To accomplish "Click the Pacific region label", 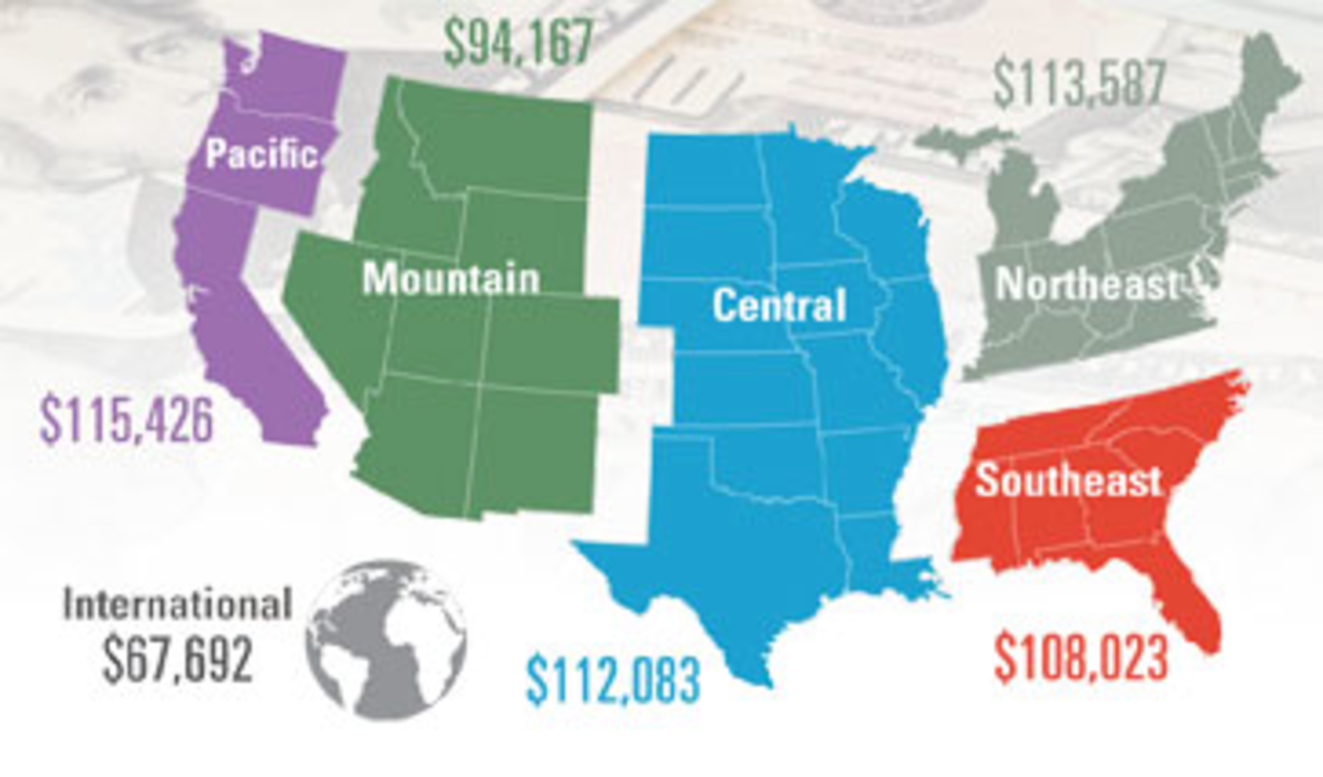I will tap(262, 153).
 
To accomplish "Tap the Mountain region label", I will tap(451, 279).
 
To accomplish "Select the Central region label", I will tap(779, 305).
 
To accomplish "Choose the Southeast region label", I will tap(1068, 480).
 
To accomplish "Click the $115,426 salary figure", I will tap(127, 419).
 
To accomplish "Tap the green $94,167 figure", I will tap(517, 41).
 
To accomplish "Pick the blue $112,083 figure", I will tap(613, 680).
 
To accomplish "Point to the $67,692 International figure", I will tap(178, 658).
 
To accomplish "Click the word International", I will tap(178, 605).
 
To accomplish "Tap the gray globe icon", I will tap(386, 640).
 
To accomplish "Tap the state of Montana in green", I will tap(510, 145).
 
